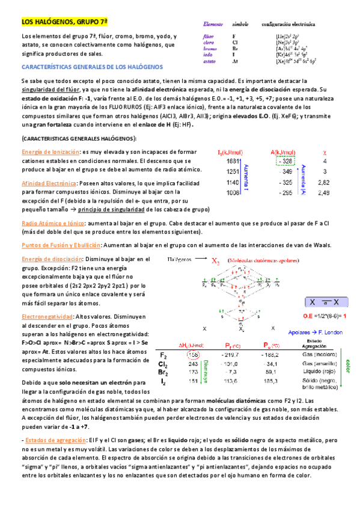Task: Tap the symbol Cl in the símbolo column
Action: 234,43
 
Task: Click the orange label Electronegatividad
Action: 47,316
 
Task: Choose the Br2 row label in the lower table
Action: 163,372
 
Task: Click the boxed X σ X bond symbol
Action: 326,301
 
